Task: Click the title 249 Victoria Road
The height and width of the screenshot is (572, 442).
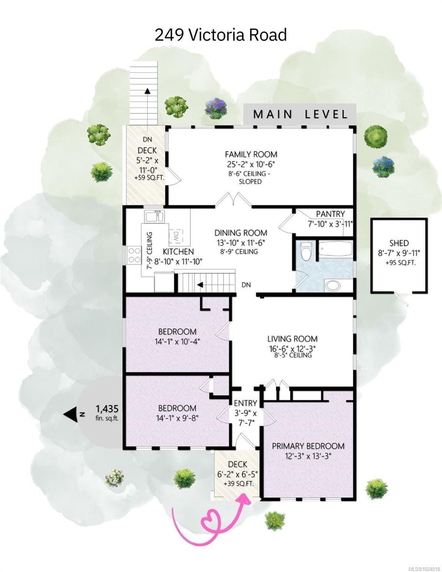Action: click(221, 35)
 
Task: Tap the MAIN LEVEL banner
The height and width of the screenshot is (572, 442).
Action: click(300, 114)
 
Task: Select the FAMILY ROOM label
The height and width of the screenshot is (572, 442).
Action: click(251, 154)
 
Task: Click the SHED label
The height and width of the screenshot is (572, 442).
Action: click(398, 243)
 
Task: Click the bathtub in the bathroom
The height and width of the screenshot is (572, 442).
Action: click(335, 249)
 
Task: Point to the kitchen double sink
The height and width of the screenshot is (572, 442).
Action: click(155, 216)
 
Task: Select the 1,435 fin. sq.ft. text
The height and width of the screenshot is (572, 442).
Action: click(107, 412)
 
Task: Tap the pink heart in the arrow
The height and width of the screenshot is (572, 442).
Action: click(212, 521)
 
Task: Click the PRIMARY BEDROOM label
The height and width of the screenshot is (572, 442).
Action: click(308, 446)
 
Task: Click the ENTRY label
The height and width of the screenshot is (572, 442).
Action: click(245, 403)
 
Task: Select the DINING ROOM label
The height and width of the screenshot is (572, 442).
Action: click(241, 233)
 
